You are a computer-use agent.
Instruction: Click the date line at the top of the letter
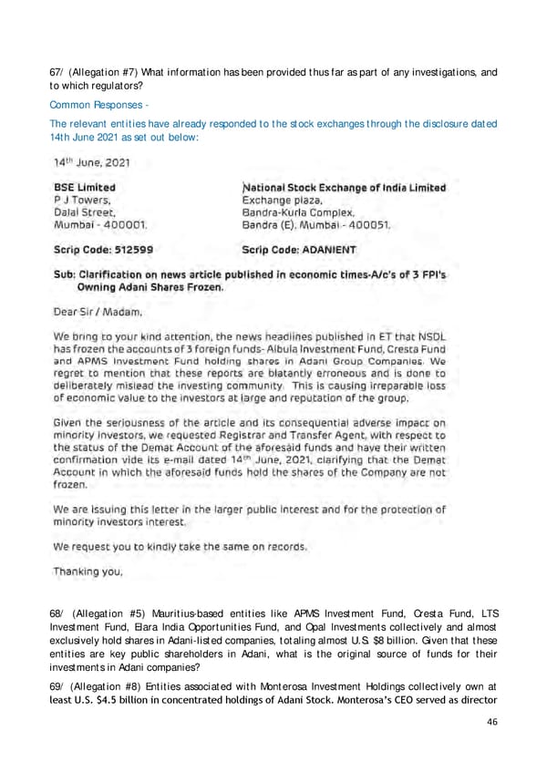pos(92,163)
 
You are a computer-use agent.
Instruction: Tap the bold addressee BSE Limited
pos(89,188)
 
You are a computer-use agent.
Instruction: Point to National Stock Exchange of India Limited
pos(344,188)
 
